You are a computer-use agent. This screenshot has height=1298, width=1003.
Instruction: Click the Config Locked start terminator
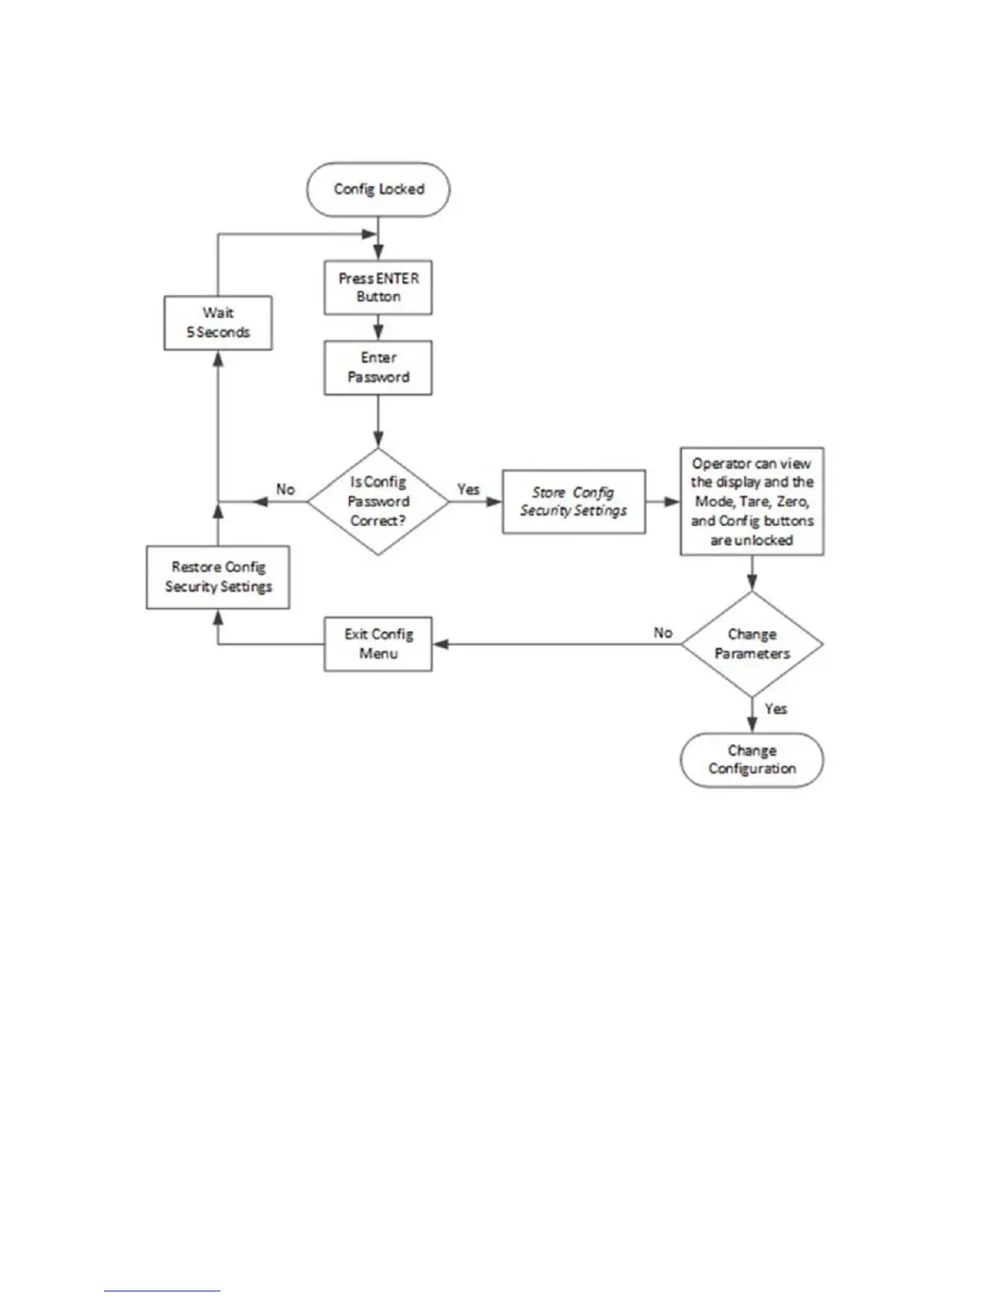(x=378, y=189)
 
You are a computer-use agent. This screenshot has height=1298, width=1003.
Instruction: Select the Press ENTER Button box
(x=378, y=288)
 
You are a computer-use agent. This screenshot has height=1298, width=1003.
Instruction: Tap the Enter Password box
(x=378, y=368)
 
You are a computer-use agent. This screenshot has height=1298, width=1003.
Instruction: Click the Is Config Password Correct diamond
(x=378, y=501)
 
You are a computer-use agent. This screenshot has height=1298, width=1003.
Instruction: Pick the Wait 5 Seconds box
(x=218, y=323)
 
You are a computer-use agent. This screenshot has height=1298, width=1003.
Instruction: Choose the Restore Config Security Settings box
(x=218, y=577)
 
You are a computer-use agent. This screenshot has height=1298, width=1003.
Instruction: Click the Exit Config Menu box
(x=378, y=644)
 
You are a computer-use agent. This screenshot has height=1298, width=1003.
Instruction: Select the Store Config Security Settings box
(x=574, y=501)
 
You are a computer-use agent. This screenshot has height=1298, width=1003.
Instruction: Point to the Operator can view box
(x=751, y=501)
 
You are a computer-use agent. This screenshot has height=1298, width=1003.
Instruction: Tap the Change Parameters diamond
(x=751, y=644)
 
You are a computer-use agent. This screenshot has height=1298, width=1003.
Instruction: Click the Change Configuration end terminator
(x=751, y=760)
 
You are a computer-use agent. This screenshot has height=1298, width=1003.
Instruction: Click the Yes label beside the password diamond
(x=469, y=489)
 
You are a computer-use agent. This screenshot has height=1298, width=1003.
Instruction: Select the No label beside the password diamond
(x=285, y=489)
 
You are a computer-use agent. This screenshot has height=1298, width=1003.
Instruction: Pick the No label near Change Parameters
(x=663, y=633)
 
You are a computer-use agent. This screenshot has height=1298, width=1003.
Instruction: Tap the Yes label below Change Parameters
(x=775, y=709)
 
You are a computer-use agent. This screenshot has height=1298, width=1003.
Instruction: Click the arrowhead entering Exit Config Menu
(x=440, y=644)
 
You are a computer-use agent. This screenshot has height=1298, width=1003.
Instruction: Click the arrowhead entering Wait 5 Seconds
(x=218, y=357)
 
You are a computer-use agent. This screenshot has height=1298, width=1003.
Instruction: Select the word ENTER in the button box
(x=397, y=279)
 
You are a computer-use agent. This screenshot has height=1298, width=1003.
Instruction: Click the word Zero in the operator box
(x=792, y=501)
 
